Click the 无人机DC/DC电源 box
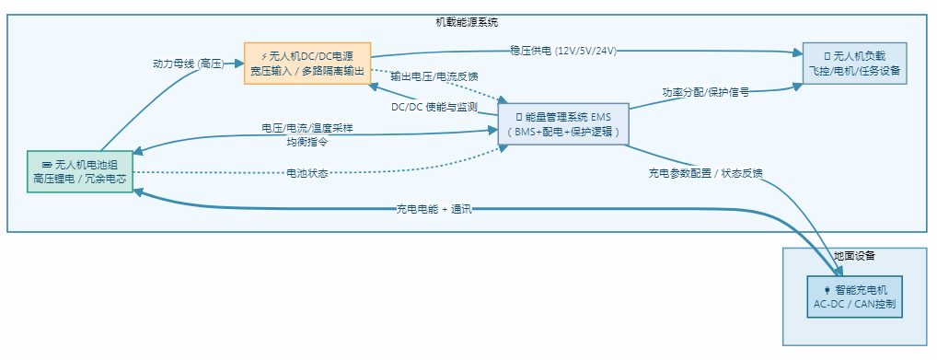click(307, 63)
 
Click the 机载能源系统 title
click(467, 21)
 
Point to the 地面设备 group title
click(854, 255)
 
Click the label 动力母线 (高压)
click(189, 64)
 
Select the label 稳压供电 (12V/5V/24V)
click(563, 51)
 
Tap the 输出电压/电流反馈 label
click(434, 75)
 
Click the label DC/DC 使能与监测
click(434, 107)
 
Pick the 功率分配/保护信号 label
click(706, 92)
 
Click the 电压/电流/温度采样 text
click(307, 128)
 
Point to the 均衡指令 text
click(307, 142)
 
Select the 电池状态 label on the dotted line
click(307, 172)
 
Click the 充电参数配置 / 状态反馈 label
click(706, 173)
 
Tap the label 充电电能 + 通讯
click(434, 209)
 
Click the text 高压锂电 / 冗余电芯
click(80, 179)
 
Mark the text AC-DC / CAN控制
click(854, 304)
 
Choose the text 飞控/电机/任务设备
click(854, 70)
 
